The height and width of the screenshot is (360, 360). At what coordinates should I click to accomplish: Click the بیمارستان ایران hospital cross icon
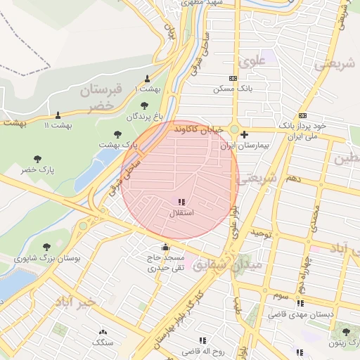coord(244,134)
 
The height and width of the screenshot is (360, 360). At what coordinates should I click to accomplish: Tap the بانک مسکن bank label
coord(233,89)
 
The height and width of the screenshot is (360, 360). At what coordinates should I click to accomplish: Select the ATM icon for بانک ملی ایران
coord(302,115)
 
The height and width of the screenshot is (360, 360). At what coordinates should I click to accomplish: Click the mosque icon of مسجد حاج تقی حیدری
coord(165,247)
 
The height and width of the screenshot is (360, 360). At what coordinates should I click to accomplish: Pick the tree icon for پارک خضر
coord(37,160)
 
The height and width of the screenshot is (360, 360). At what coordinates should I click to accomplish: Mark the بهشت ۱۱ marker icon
coord(58,115)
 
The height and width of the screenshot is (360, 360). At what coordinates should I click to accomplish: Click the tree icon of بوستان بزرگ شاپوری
coord(46,247)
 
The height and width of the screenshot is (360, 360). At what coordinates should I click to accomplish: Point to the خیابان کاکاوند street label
coord(200,130)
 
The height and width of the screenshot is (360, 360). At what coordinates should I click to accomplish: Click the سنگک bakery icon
coord(103,332)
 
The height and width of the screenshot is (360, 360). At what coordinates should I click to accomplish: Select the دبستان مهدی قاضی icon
coord(301,303)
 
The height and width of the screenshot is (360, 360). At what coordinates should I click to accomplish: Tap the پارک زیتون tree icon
coord(345,332)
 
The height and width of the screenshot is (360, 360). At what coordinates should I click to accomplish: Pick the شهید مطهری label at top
coord(202,3)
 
